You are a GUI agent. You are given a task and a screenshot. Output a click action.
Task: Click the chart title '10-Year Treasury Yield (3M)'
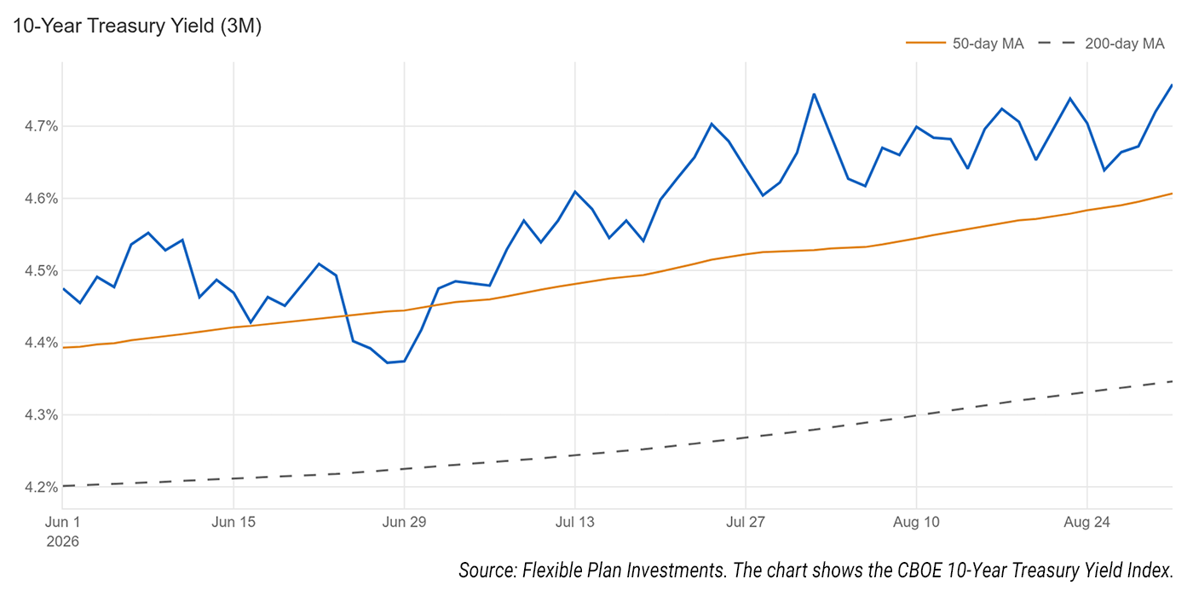(137, 26)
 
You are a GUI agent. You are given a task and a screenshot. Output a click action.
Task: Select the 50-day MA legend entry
(965, 43)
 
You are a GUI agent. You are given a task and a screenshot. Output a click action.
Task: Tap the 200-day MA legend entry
(1101, 43)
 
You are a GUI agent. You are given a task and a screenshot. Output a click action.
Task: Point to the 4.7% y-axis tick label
(41, 126)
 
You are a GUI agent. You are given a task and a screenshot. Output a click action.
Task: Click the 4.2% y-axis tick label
(41, 487)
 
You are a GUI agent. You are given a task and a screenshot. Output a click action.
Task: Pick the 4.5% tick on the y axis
(41, 270)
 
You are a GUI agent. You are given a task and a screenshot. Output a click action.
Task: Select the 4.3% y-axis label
(41, 414)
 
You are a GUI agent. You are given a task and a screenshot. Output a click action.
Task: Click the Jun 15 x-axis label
(233, 522)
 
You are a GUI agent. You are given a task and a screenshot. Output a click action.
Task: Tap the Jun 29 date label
(404, 522)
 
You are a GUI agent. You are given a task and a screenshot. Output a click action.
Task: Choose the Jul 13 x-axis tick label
(574, 522)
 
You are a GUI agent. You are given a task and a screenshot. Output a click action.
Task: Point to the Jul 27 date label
(746, 522)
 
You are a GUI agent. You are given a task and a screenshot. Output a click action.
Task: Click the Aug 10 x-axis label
(916, 522)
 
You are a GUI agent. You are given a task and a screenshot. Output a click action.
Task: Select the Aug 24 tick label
(1087, 522)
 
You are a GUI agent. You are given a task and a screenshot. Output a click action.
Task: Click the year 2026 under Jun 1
(62, 542)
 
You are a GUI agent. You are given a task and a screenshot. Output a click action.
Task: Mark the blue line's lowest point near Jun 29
(388, 363)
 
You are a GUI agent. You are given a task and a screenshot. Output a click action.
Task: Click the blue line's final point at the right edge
(1172, 84)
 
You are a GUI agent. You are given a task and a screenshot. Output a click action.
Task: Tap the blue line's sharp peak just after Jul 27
(814, 95)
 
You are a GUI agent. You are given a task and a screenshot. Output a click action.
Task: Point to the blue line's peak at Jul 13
(574, 191)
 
